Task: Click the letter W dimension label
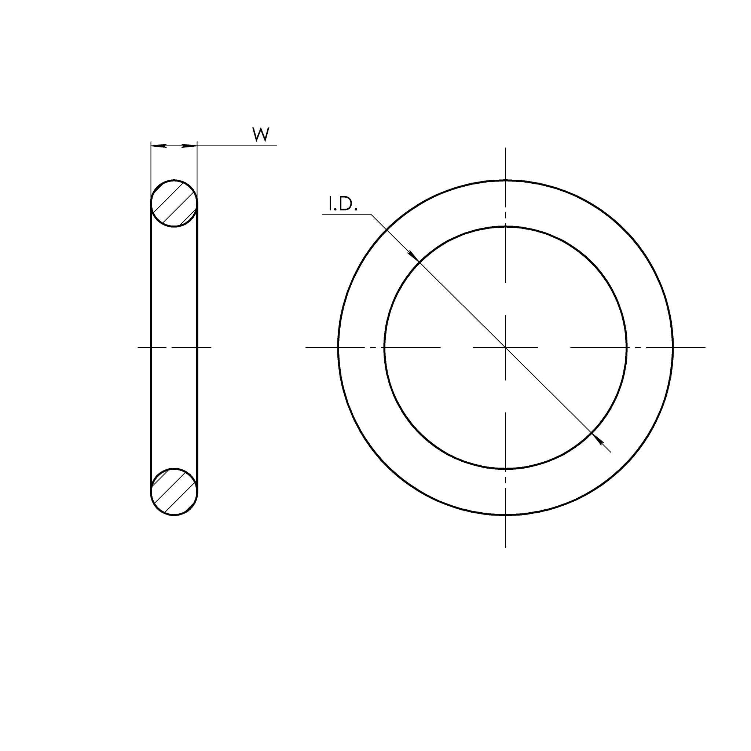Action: click(x=261, y=135)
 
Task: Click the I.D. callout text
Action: click(x=343, y=205)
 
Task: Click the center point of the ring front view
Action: click(x=505, y=347)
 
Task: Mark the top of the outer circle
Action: click(x=505, y=180)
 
